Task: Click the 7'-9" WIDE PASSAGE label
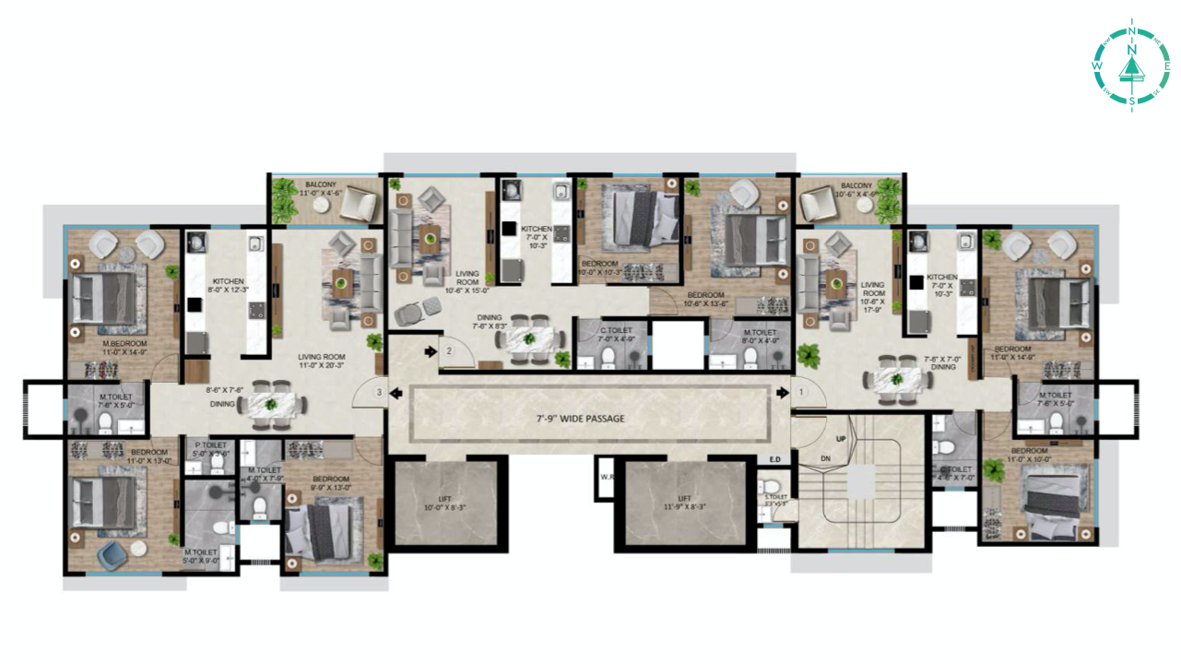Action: point(580,419)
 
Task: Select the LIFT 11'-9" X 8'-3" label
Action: point(683,504)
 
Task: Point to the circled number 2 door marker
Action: point(449,351)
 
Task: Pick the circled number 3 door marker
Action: point(378,393)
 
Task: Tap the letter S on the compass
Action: point(1131,99)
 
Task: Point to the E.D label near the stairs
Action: point(774,458)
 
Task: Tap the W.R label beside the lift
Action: point(606,478)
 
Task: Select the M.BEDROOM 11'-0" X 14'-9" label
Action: point(124,347)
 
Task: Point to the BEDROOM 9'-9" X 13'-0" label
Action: point(330,483)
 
